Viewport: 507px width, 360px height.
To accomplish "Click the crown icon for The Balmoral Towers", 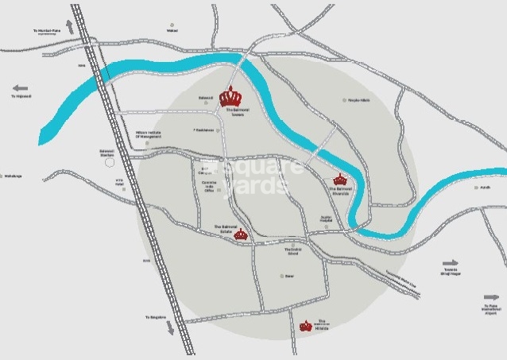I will coord(230,96).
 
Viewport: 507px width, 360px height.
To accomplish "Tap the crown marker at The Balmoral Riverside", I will coord(340,179).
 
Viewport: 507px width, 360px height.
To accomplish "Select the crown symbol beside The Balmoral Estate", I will coord(241,234).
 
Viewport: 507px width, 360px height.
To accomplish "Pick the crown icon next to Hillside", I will coord(306,326).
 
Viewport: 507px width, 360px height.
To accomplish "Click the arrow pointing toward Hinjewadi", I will coord(21,88).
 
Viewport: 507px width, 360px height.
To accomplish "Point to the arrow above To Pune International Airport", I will coord(491,297).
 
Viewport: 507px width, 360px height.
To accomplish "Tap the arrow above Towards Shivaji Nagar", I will coord(451,263).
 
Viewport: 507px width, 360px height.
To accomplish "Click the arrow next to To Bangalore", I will coord(168,327).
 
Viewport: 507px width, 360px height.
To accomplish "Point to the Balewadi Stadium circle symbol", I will coord(110,162).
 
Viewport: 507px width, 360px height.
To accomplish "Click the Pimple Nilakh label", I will coord(357,100).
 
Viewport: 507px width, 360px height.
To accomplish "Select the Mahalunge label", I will coord(13,176).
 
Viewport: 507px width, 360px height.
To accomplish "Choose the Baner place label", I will coord(290,277).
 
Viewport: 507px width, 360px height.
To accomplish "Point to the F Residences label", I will coord(204,130).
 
